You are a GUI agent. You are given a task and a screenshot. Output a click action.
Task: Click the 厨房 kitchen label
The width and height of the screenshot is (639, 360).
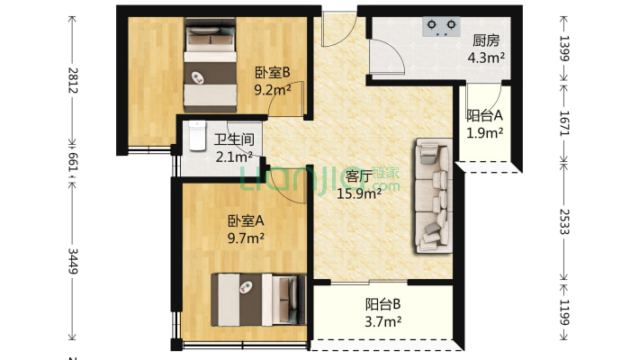[486, 40]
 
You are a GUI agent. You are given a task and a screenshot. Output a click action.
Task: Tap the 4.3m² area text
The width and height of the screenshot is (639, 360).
[486, 58]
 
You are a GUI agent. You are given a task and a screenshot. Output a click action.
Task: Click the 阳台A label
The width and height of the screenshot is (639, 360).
[484, 115]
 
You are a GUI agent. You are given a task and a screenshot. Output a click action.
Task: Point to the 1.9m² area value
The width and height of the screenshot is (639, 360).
[484, 133]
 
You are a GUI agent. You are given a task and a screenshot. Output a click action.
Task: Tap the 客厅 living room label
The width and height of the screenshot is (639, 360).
[360, 176]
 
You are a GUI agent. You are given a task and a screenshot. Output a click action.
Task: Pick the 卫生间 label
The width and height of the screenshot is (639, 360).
[234, 140]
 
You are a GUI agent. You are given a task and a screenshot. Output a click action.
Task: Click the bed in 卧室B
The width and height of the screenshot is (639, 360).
[209, 65]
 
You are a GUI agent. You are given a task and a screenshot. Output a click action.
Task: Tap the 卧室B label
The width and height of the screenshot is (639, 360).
[271, 73]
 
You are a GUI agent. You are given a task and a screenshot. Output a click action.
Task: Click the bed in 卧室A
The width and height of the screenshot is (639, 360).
[255, 299]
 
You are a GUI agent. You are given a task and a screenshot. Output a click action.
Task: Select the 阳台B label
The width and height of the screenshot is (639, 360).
[382, 303]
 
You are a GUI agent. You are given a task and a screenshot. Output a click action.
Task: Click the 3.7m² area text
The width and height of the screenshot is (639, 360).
[382, 320]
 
